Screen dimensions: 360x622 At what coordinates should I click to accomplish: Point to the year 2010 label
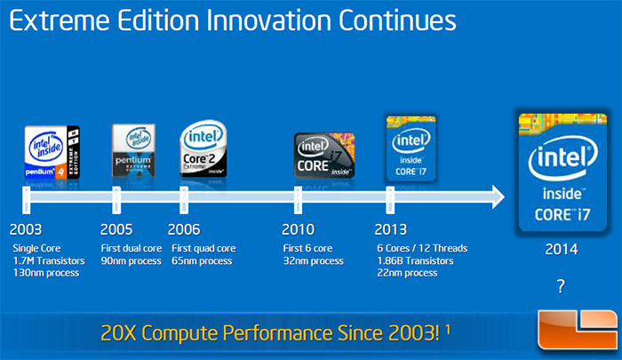(x=299, y=228)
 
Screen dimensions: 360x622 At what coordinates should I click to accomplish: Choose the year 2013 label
(x=394, y=228)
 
